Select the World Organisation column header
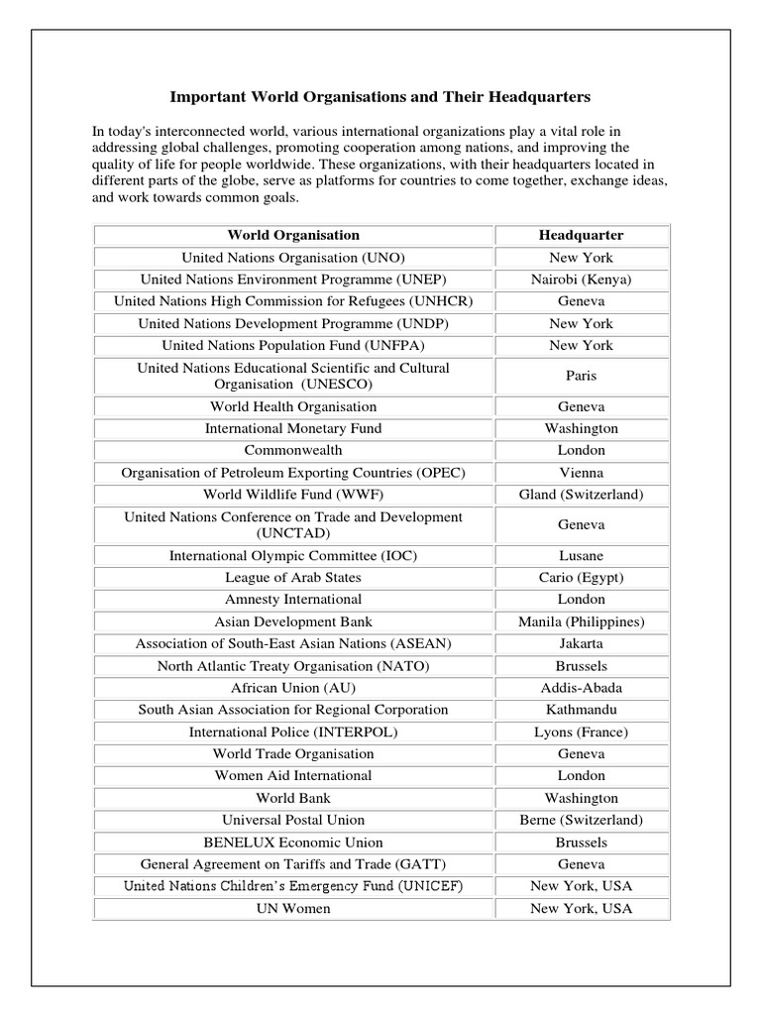(293, 235)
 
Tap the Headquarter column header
(581, 235)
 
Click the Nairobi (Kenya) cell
(581, 280)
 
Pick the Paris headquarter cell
(581, 376)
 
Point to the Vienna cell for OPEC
(581, 473)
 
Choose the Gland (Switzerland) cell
(581, 495)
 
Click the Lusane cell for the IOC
(581, 556)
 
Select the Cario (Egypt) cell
(581, 578)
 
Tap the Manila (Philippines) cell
(581, 622)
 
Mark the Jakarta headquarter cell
(581, 644)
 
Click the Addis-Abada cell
(581, 688)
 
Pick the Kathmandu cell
(581, 710)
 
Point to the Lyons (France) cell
(581, 733)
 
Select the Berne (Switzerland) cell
(581, 820)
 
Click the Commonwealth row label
(293, 451)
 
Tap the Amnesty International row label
(293, 600)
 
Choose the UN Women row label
(293, 908)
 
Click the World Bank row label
(293, 798)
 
